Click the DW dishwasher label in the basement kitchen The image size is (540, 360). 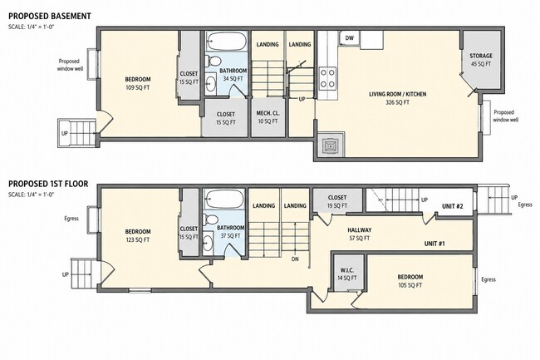349,38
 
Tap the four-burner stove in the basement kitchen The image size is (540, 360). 327,78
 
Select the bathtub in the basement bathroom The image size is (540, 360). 227,42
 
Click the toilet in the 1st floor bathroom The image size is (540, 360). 210,219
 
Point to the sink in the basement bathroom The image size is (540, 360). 211,83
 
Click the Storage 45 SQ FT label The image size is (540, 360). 481,60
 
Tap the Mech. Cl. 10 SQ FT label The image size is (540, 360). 268,117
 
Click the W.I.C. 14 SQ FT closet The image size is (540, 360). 347,274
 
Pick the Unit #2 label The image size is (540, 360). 452,206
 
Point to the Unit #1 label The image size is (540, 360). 434,244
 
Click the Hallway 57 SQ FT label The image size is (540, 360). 359,234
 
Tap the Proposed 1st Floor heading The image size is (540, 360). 48,184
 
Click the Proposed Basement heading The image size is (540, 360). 50,16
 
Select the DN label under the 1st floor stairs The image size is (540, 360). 295,259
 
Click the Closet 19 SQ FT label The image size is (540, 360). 337,201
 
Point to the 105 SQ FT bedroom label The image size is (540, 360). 410,281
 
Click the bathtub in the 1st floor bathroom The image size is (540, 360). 224,199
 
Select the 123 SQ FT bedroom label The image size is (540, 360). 137,235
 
